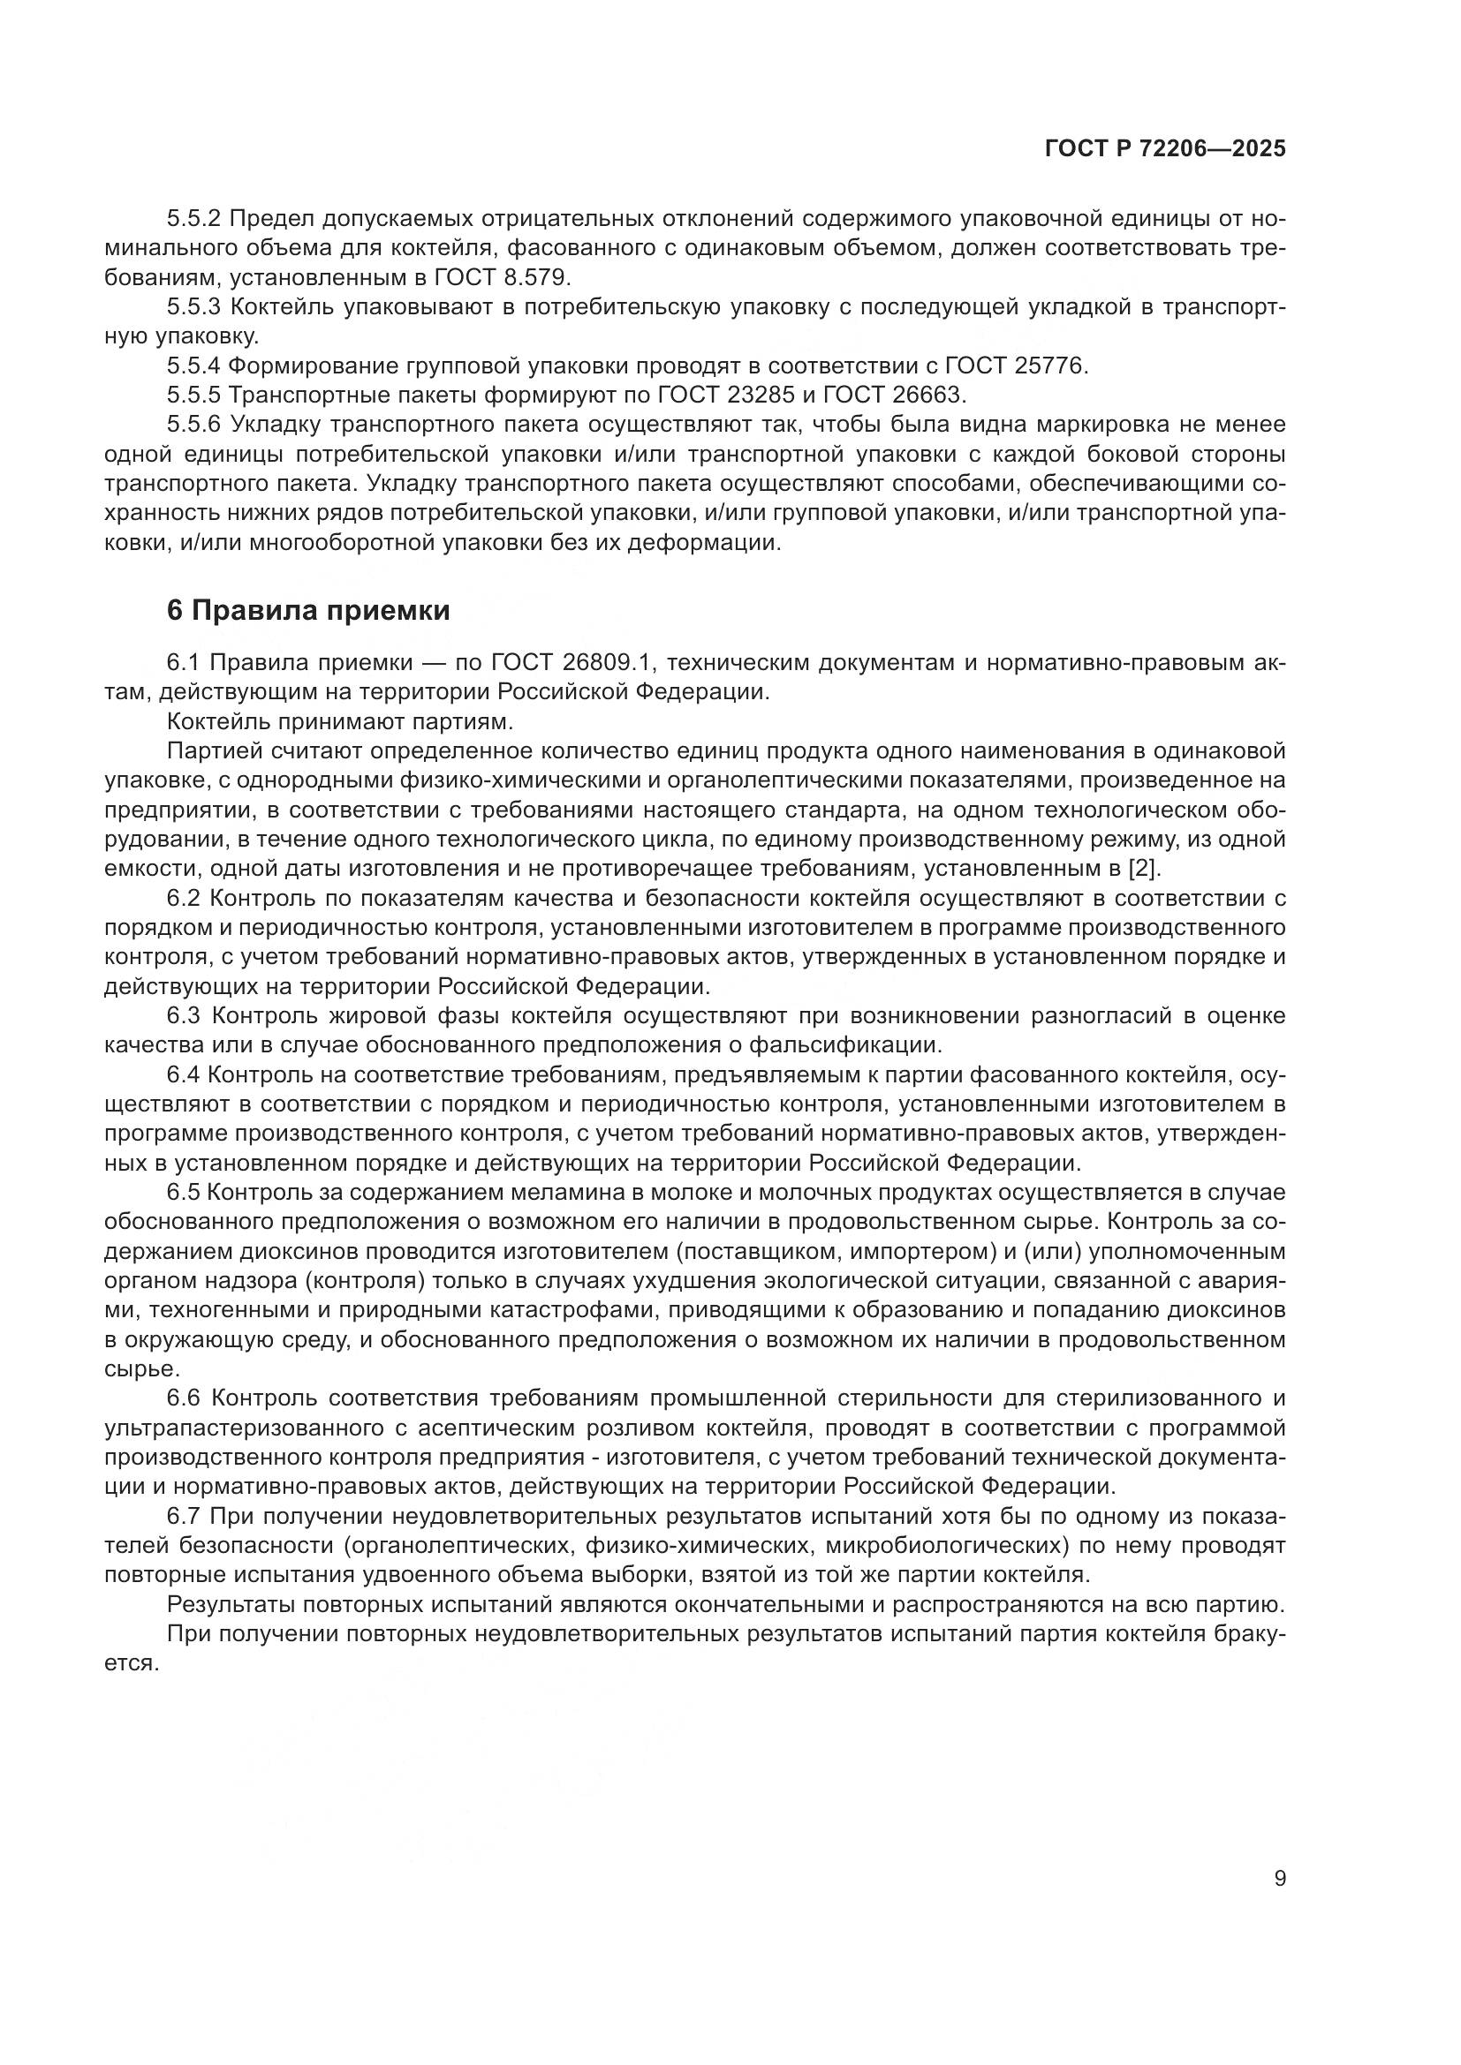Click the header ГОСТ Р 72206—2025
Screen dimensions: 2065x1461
[1165, 149]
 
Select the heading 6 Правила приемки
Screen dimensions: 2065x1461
[307, 611]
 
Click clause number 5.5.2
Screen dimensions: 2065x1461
[193, 219]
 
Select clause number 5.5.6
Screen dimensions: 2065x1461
[193, 425]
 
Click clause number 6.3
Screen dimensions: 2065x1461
[185, 1015]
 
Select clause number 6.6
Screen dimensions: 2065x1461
[186, 1398]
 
